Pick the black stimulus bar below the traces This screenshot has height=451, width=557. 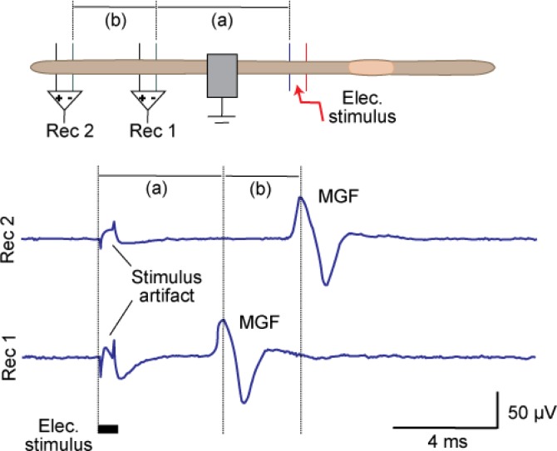coord(108,429)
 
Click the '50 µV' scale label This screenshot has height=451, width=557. coord(529,411)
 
